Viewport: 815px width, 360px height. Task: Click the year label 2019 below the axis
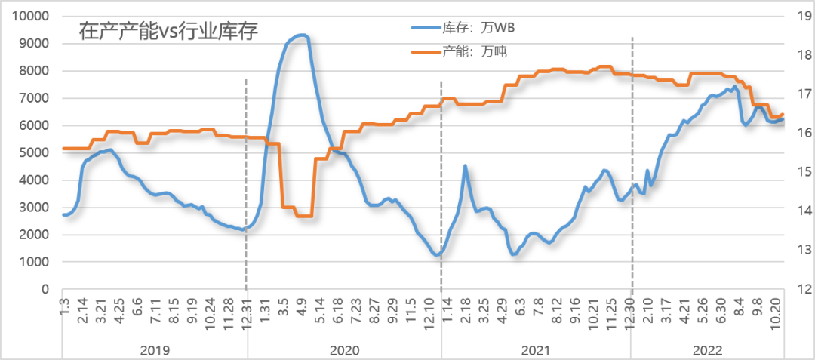click(x=155, y=350)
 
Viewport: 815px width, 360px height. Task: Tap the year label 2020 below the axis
click(x=344, y=350)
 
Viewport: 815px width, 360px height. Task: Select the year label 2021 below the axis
click(x=535, y=350)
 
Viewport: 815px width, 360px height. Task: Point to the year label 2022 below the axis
click(x=707, y=350)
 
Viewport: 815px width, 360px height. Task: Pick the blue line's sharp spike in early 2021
click(x=466, y=165)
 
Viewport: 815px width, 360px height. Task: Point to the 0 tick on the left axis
click(x=46, y=290)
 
